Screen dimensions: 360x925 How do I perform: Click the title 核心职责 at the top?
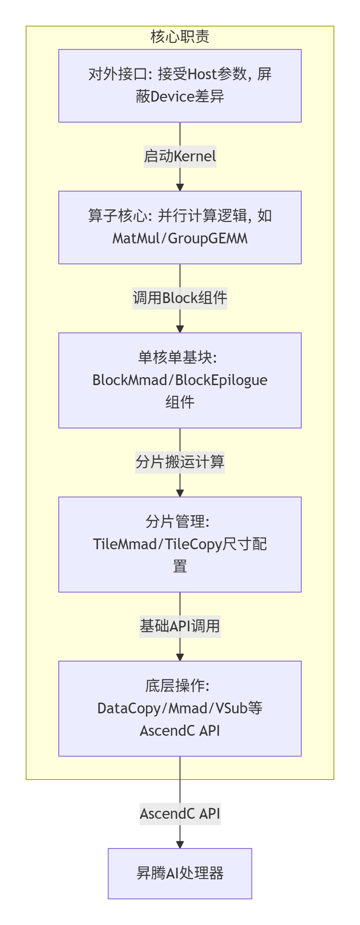click(x=180, y=36)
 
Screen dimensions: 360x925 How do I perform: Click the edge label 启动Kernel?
click(x=180, y=156)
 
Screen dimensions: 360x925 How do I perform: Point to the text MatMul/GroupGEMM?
click(x=180, y=239)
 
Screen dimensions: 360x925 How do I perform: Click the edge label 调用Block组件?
click(x=180, y=298)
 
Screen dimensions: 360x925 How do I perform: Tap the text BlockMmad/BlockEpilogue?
click(x=180, y=380)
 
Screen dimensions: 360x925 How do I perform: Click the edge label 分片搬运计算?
click(x=180, y=462)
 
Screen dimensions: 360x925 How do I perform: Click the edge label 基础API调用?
click(x=180, y=626)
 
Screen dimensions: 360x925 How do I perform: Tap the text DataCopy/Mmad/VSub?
click(x=173, y=709)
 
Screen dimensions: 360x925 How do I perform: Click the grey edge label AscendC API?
click(x=180, y=814)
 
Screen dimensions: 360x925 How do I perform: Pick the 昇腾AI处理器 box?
click(x=180, y=873)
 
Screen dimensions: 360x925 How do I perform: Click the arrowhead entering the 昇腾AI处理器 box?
click(x=180, y=844)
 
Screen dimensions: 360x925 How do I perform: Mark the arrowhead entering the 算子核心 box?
click(x=180, y=187)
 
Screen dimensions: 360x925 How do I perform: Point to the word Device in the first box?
click(x=173, y=97)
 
